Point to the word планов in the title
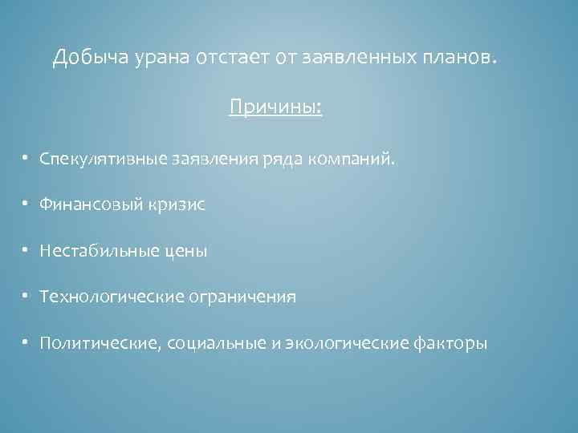click(454, 59)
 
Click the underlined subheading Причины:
click(275, 107)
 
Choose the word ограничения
click(243, 297)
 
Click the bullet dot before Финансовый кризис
click(26, 205)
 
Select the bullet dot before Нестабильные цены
click(26, 252)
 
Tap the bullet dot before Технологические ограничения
click(26, 297)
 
